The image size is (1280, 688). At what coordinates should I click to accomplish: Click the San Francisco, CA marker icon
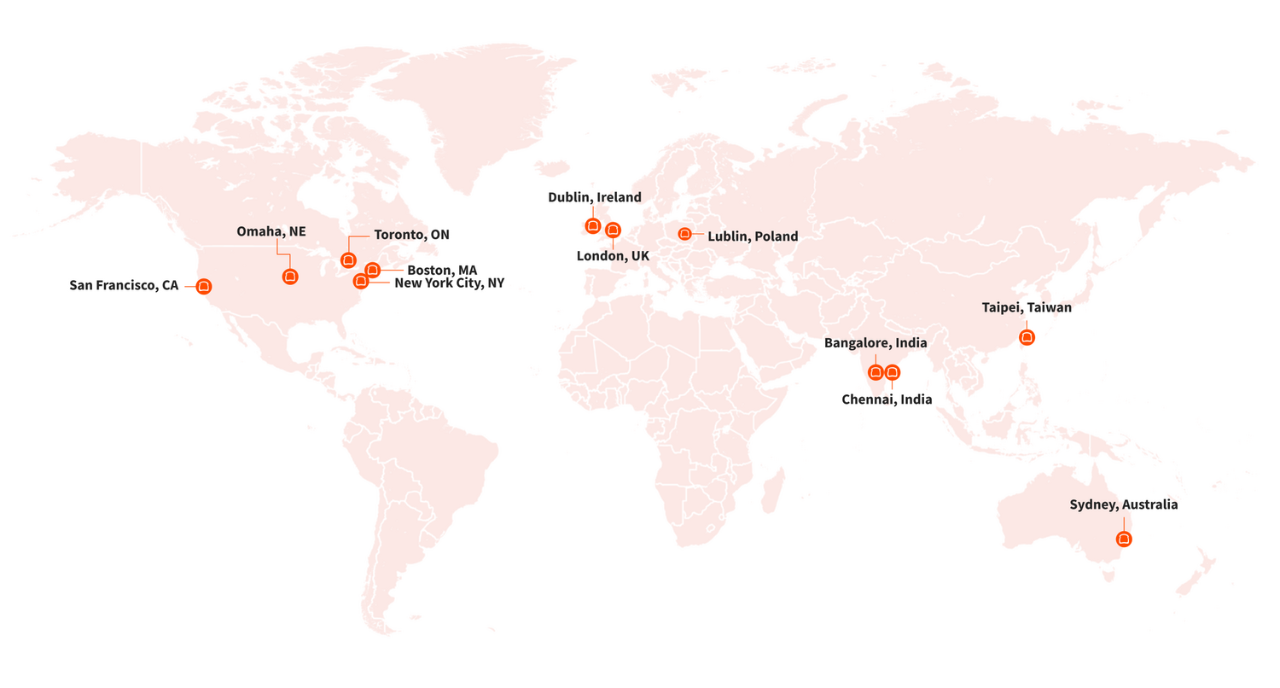pos(203,286)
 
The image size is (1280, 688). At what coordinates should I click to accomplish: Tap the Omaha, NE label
pos(271,231)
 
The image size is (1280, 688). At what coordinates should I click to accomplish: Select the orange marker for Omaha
pos(290,276)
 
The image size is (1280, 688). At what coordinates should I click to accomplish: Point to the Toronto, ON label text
pos(411,235)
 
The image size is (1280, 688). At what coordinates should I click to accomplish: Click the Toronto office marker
pos(348,259)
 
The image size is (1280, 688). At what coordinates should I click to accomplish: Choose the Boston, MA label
pos(442,270)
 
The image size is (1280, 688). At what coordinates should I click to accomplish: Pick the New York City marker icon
pos(361,281)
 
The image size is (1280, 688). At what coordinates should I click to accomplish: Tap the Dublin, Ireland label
pos(594,197)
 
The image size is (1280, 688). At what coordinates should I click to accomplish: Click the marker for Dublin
pos(592,226)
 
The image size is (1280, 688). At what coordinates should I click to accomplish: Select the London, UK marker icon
pos(613,230)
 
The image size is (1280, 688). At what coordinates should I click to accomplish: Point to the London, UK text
pos(613,255)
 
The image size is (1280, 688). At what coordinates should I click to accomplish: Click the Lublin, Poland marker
pos(684,234)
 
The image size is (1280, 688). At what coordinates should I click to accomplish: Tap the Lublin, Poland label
pos(753,236)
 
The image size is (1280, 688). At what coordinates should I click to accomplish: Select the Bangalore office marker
pos(875,372)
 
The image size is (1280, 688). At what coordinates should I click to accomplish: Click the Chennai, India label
pos(887,399)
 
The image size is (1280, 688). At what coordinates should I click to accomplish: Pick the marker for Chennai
pos(892,372)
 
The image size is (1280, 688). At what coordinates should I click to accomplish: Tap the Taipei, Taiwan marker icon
pos(1027,337)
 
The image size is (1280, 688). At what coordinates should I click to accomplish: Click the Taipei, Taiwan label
pos(1027,307)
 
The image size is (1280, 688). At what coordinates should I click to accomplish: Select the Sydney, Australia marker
pos(1124,539)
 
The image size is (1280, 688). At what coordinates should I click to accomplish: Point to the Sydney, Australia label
pos(1123,504)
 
